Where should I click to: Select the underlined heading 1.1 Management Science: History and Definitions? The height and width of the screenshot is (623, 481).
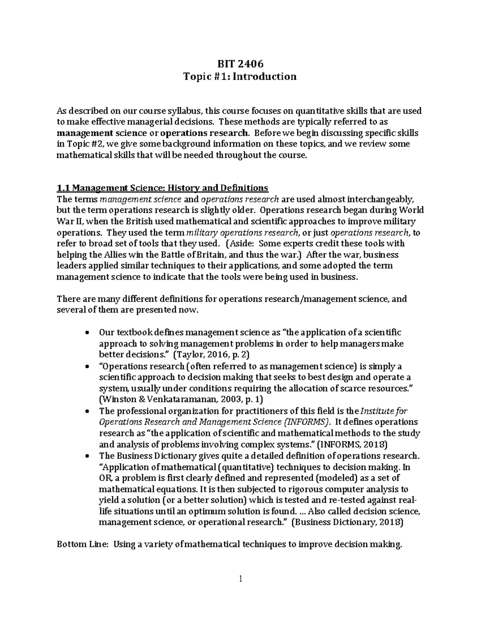click(x=162, y=188)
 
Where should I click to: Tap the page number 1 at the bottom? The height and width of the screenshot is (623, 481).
click(x=240, y=578)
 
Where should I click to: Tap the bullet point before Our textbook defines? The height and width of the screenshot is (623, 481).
click(x=87, y=333)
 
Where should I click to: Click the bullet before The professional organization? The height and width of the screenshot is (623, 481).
click(x=87, y=412)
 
